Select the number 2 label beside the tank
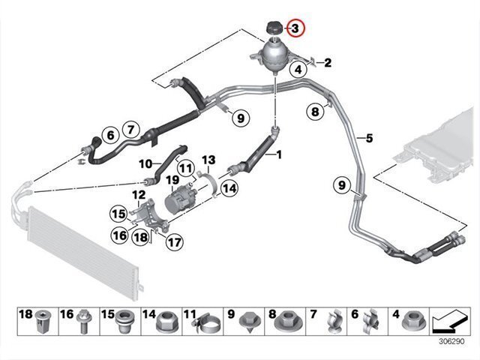(x=328, y=62)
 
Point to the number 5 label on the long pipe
(x=368, y=138)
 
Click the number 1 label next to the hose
(x=279, y=155)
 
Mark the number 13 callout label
(x=208, y=159)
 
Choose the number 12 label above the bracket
(x=139, y=195)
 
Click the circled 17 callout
(x=174, y=242)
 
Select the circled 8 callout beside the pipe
(x=316, y=112)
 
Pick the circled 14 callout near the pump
(x=229, y=189)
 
